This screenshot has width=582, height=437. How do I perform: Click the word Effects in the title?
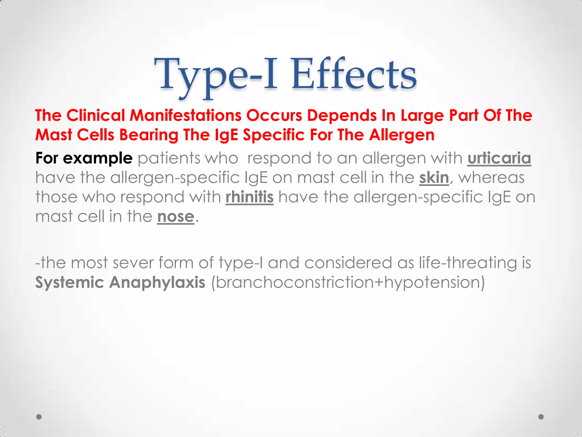354,75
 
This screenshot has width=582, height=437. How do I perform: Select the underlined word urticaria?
499,158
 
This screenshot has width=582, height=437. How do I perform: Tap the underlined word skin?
434,178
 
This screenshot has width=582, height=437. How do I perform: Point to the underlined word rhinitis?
250,197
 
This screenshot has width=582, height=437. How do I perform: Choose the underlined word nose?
176,217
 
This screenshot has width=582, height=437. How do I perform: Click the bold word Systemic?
70,283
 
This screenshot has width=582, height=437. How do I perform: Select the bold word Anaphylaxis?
157,283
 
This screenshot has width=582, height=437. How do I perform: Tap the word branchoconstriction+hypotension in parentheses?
348,283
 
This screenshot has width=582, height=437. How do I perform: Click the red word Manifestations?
186,116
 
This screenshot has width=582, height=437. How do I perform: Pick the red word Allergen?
402,135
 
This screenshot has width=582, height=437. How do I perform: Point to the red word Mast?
54,135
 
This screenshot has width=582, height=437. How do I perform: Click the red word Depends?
342,116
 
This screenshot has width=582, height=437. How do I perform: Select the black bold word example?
97,158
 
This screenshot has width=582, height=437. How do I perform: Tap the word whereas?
491,178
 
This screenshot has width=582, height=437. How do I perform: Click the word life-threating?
468,263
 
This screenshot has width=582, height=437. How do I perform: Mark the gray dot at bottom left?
39,417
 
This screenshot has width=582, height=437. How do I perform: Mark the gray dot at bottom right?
541,417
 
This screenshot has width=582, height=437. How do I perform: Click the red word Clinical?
96,116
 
